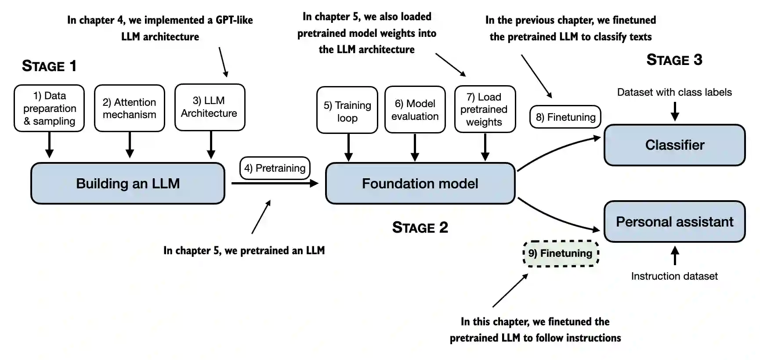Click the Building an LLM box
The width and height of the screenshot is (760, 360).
coord(127,184)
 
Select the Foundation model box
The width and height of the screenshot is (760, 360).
coord(420,184)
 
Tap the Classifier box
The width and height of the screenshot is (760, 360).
coord(674,145)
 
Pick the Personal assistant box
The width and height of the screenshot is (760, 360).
coord(674,222)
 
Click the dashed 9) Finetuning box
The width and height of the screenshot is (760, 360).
coord(561,253)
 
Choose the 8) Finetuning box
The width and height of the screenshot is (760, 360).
coord(565,117)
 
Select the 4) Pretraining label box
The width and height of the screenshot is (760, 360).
coord(275,168)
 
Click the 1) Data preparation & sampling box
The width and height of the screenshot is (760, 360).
coord(49,108)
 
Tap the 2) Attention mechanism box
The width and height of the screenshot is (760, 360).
coord(130,108)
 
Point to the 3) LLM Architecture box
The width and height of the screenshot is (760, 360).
coord(210,108)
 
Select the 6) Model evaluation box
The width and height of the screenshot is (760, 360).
coord(415,110)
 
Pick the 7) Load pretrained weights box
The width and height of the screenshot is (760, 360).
coord(484,109)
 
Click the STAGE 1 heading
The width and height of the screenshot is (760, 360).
coord(49,66)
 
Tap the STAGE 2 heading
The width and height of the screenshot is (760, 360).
coord(420,227)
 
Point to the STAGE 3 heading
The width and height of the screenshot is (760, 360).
coord(674,60)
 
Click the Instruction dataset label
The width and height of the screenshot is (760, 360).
coord(674,276)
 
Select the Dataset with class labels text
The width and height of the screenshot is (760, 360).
coord(674,92)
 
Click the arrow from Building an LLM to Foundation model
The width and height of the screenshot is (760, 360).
coord(275,184)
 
